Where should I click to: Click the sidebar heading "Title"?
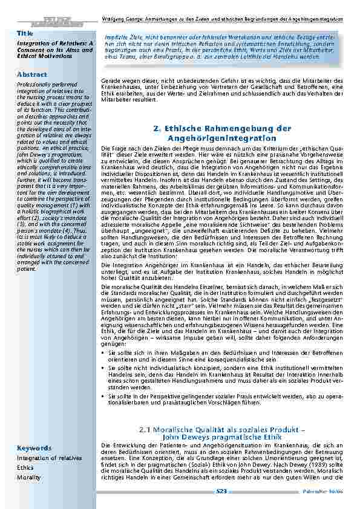point(24,32)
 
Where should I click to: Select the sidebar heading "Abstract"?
point(32,74)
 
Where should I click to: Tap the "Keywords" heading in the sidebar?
point(34,448)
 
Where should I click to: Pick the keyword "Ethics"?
point(25,467)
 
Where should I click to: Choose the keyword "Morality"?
point(28,477)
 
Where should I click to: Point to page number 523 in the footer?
point(221,492)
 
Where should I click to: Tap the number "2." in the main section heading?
point(157,128)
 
